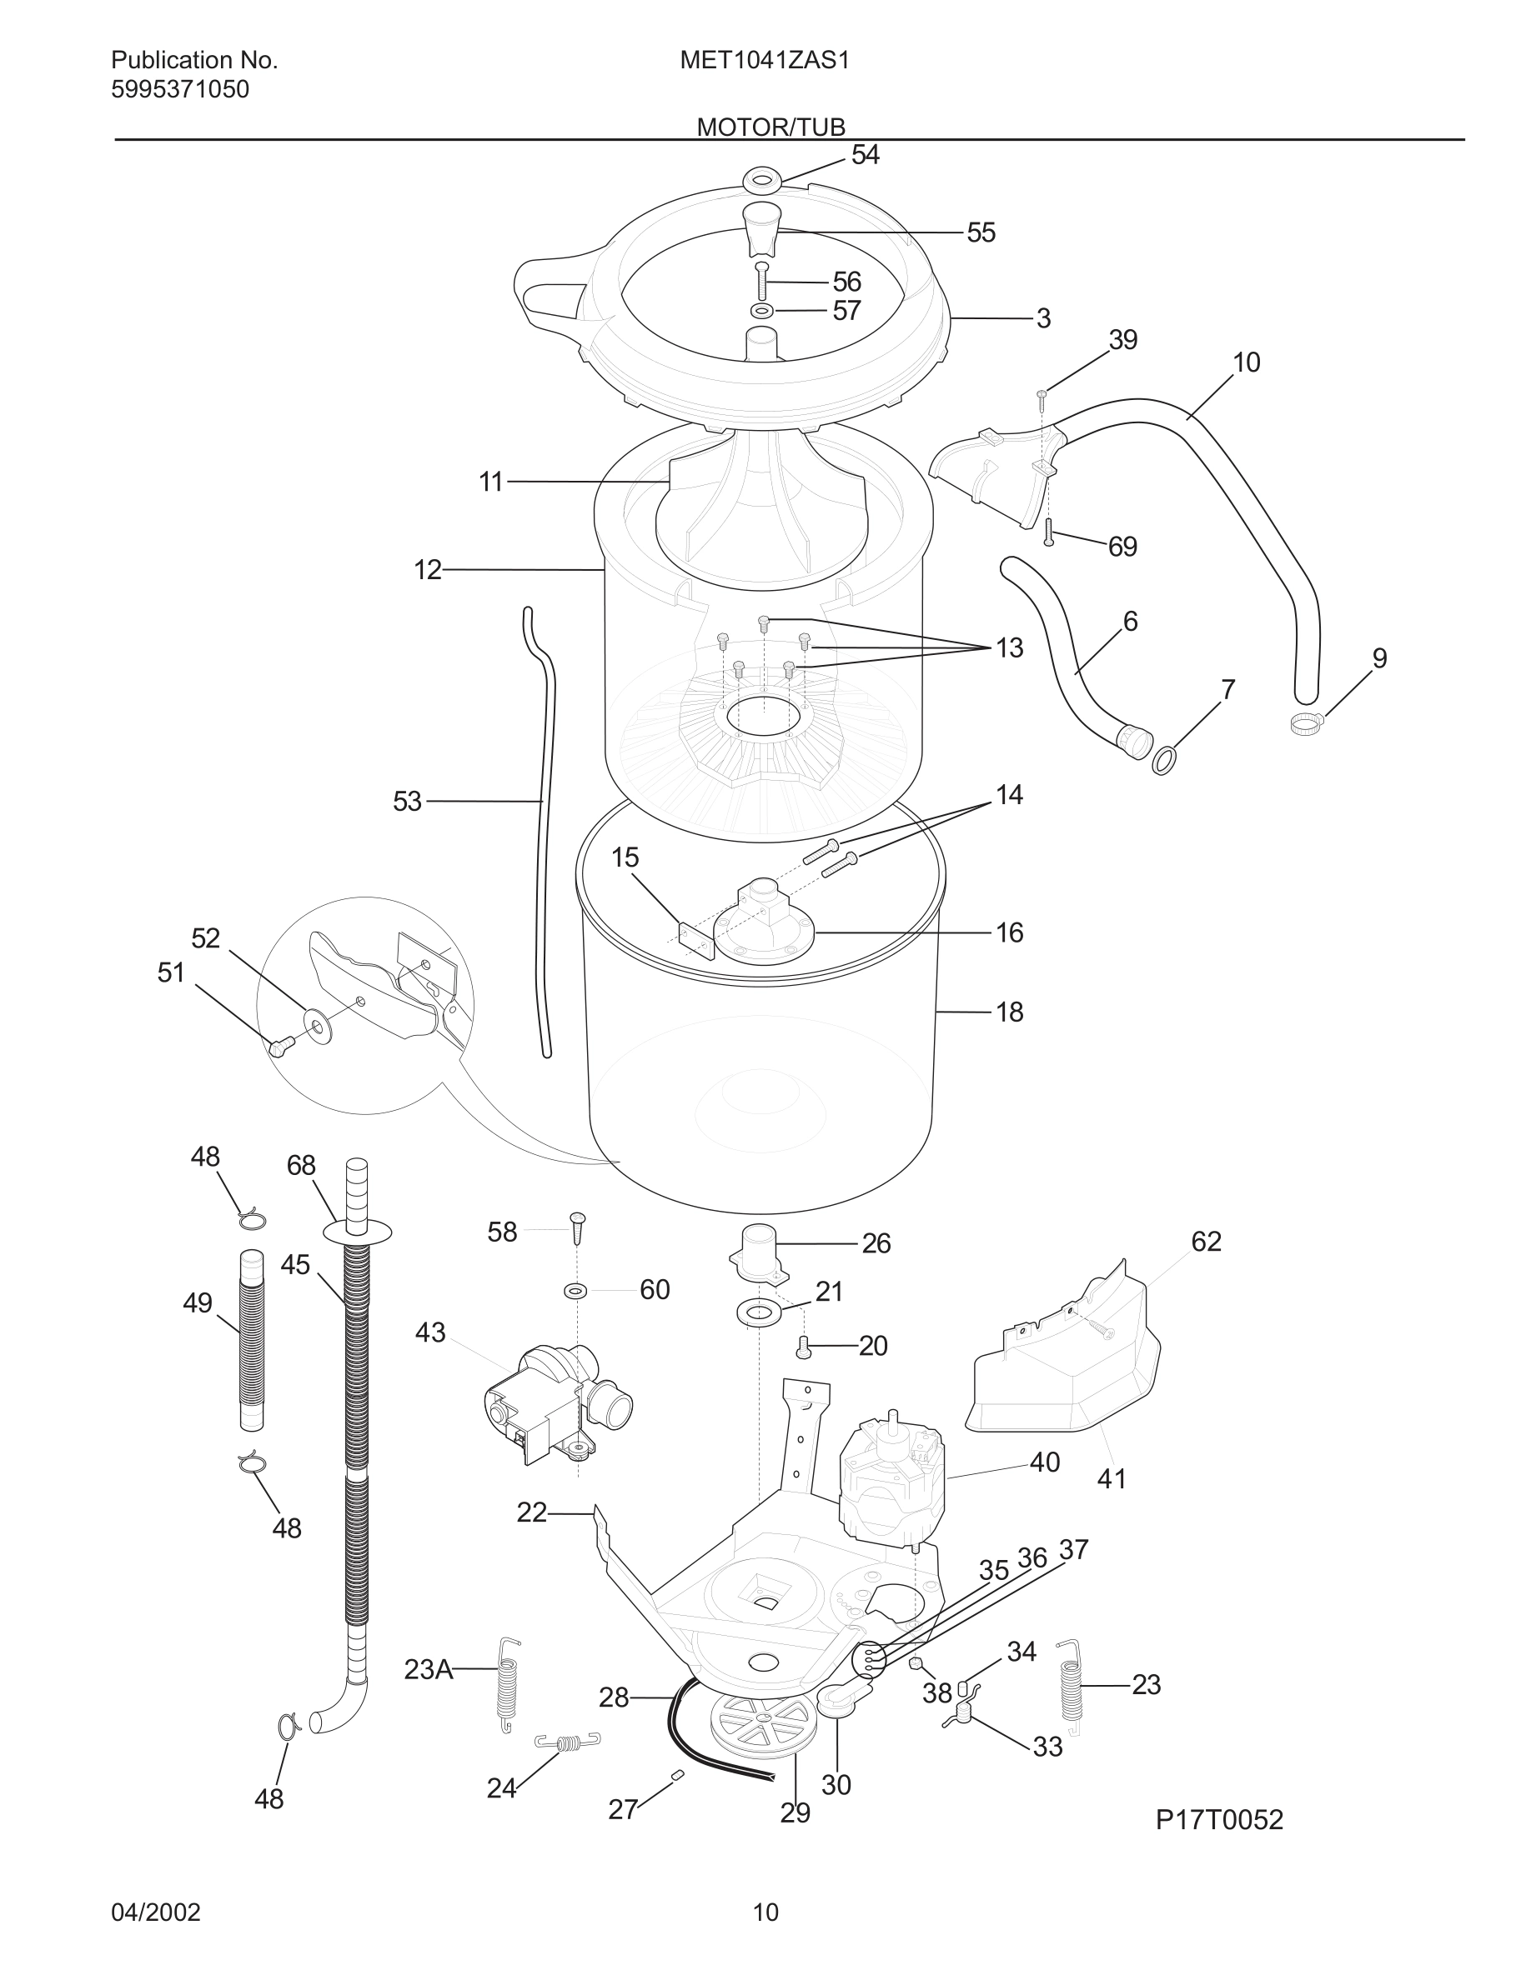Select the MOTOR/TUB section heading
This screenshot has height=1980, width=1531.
tap(770, 127)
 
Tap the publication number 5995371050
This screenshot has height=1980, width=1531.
tap(179, 90)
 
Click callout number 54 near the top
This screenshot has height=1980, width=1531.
tap(865, 155)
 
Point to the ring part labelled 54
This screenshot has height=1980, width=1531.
tap(763, 178)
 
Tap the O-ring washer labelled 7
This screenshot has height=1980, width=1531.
tap(1163, 759)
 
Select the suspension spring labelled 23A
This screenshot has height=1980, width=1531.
tap(509, 1683)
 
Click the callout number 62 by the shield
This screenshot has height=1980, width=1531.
tap(1206, 1241)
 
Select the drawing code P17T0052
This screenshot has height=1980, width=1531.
tap(1219, 1819)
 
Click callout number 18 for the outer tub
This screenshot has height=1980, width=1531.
tap(1010, 1012)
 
